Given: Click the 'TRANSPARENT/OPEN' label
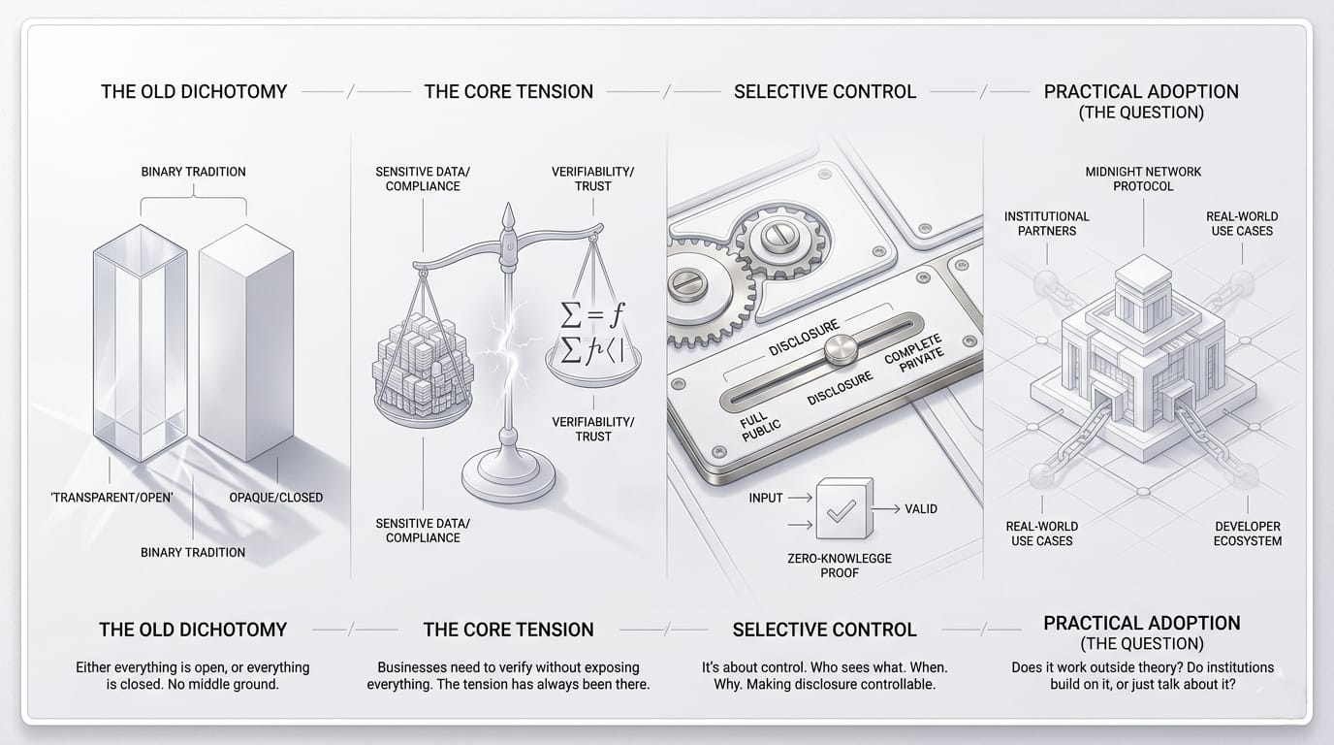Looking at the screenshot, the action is point(111,497).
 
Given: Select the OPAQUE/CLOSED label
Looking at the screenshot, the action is point(275,497).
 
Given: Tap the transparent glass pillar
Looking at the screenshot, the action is point(141,342).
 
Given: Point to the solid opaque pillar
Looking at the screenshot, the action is point(246,342).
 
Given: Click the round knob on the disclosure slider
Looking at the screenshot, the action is point(841,348).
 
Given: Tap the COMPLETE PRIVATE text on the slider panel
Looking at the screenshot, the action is point(914,353).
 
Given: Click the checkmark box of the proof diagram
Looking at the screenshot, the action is point(843,508).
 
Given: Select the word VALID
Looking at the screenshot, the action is point(921,509).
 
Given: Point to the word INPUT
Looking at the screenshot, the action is point(766,498).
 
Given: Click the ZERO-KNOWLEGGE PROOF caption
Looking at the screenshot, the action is point(840,566).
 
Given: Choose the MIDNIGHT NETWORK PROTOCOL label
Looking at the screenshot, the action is point(1143,178).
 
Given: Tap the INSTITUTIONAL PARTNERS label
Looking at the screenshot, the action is point(1046,223).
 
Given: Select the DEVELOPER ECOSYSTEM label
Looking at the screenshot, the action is point(1248,534).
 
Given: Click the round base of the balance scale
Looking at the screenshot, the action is point(508,476).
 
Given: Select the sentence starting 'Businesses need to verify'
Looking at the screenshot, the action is point(508,675).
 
